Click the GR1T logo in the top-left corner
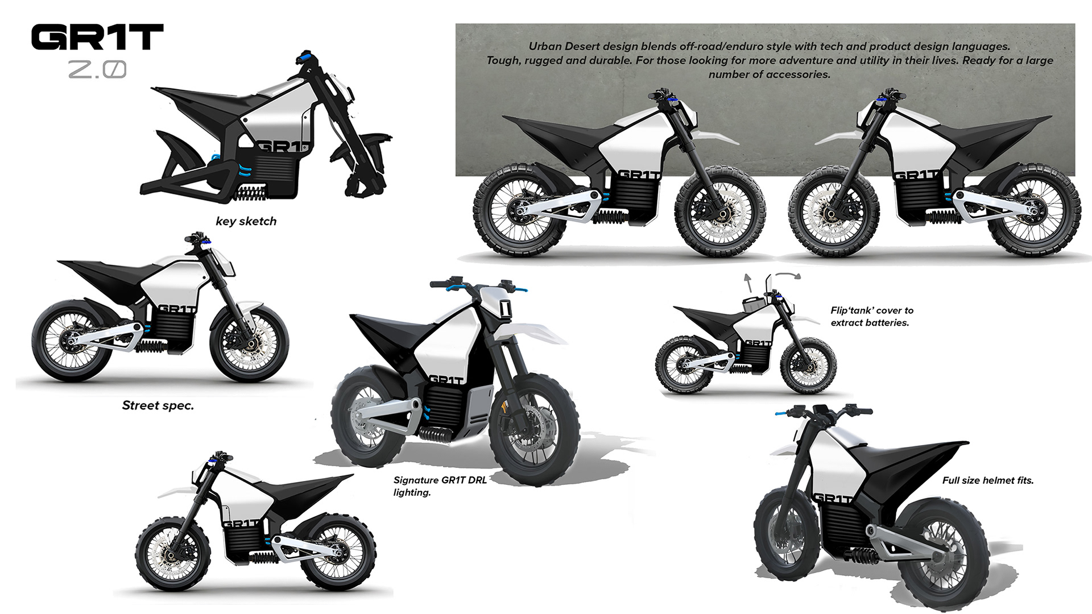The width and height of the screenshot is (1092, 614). pyautogui.click(x=97, y=37)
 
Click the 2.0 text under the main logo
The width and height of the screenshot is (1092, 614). pyautogui.click(x=97, y=70)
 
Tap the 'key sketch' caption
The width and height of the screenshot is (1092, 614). pyautogui.click(x=246, y=221)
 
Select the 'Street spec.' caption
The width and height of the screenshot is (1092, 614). pyautogui.click(x=158, y=405)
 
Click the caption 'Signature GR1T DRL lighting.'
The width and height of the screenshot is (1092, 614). pyautogui.click(x=440, y=486)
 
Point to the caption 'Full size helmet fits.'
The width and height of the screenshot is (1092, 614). pyautogui.click(x=988, y=480)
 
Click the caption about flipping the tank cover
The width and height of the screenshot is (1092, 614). pyautogui.click(x=872, y=317)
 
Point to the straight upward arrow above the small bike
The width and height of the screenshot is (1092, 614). pyautogui.click(x=748, y=280)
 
